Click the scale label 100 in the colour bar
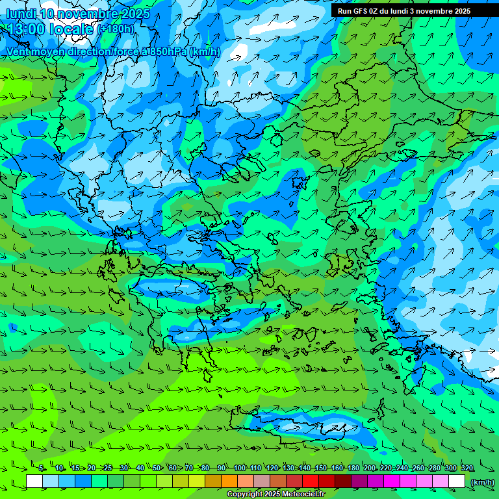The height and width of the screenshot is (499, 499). pos(239,468)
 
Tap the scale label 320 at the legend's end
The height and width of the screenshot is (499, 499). pos(467,468)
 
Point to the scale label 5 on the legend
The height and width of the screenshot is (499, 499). pos(42,468)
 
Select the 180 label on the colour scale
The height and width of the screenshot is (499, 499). pos(353,468)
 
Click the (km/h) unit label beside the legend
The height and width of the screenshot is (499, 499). pos(482,482)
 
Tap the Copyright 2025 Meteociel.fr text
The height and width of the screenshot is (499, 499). pos(275,494)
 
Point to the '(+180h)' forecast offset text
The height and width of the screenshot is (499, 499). pos(116,29)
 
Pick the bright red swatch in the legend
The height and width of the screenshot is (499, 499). pos(311,481)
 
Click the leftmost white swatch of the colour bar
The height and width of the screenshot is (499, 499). pos(34,481)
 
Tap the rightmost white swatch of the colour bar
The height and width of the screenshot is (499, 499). pos(457,481)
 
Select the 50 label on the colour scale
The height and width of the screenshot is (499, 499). pos(157,468)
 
